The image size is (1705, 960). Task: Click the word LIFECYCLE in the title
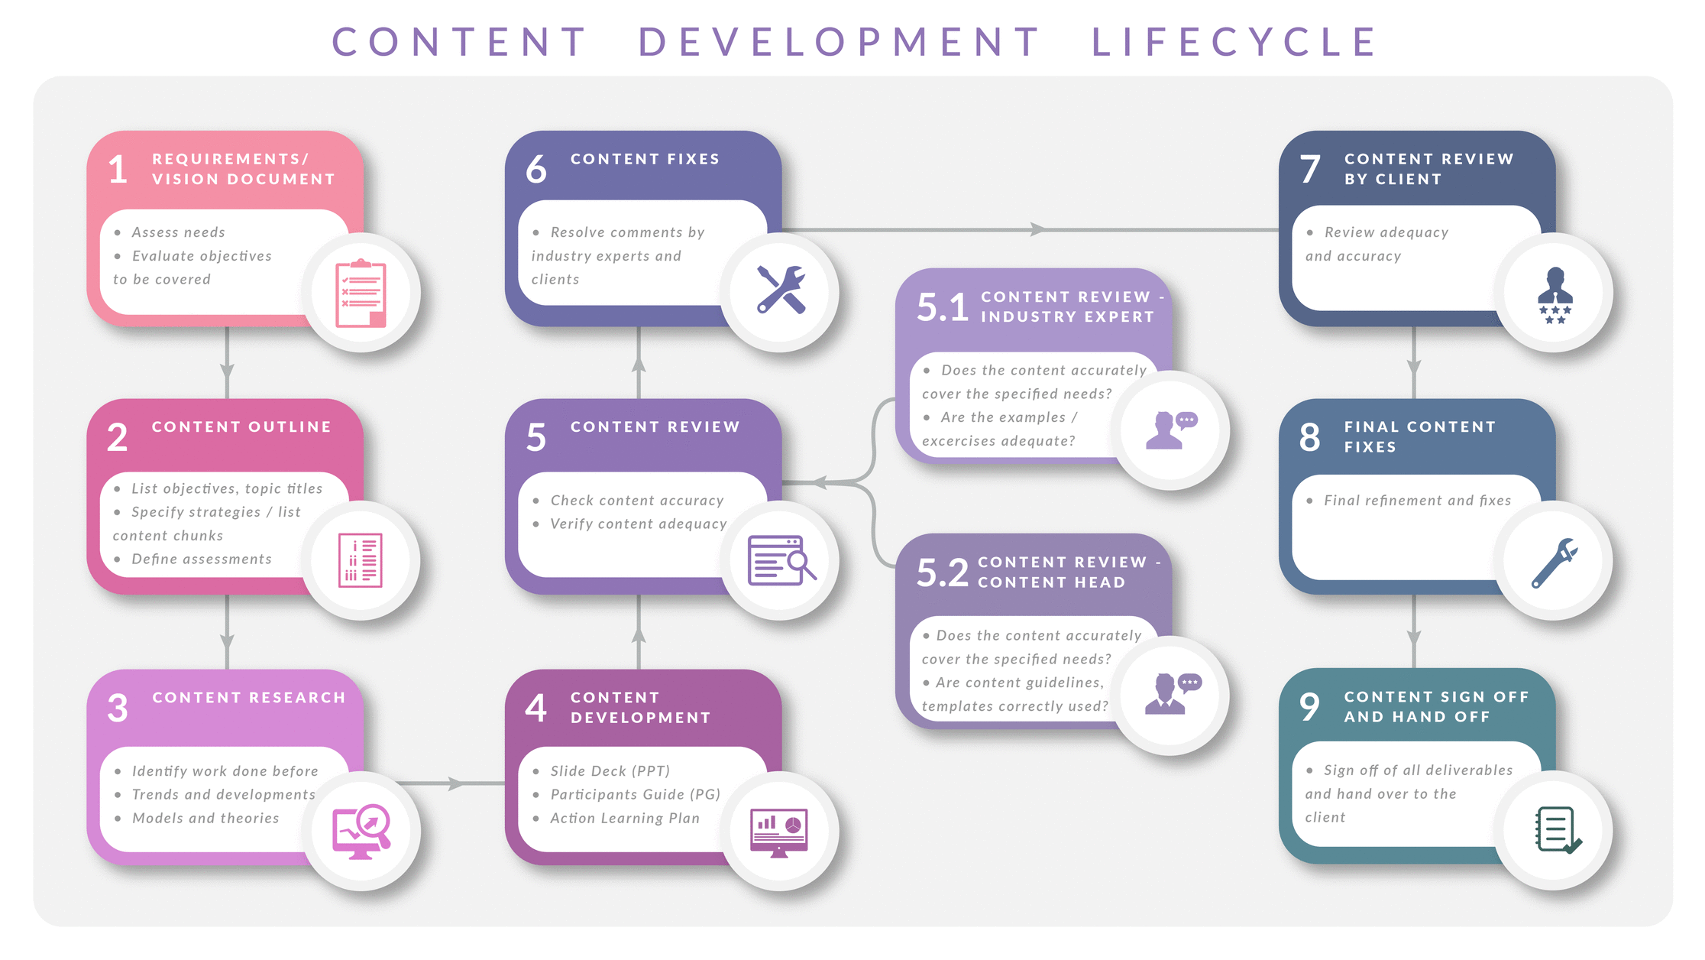1233,42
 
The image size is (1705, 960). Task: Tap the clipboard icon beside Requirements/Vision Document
361,294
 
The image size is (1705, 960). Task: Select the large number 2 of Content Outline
117,437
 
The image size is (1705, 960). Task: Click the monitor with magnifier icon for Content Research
361,831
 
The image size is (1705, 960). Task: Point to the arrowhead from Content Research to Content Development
456,783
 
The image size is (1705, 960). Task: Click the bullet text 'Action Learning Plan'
625,818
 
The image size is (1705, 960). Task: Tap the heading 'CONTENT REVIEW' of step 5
655,426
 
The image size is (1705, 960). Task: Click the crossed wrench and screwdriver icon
780,290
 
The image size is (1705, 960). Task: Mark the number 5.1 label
943,307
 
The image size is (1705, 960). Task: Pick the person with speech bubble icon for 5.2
1172,693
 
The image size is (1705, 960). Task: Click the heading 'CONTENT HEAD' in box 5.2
1051,582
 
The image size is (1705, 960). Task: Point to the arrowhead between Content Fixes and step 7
1037,229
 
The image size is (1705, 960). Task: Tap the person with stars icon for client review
1555,295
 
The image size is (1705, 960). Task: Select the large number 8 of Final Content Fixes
1309,437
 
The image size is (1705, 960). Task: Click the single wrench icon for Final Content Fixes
1555,563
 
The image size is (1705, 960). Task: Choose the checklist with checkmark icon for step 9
1557,830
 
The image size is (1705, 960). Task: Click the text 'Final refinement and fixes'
1417,501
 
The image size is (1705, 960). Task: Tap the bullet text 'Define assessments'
202,559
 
